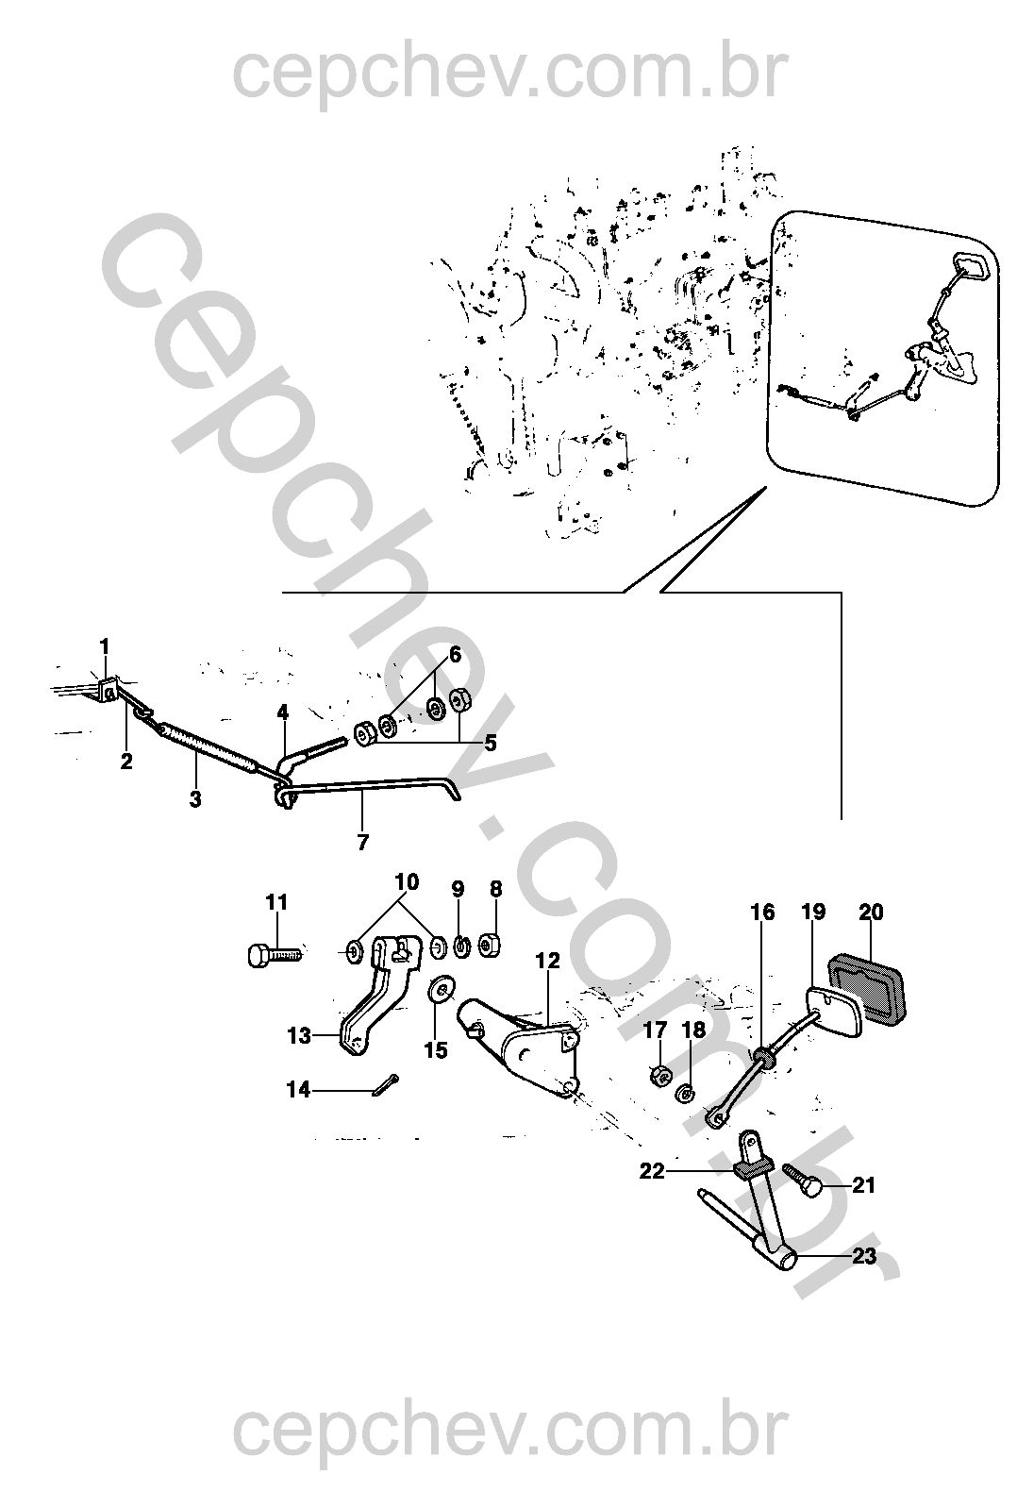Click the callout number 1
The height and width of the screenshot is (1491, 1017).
coord(105,646)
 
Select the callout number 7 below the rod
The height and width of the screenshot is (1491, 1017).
coord(362,843)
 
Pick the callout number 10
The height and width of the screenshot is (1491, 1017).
coord(407,882)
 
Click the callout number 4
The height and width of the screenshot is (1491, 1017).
coord(283,712)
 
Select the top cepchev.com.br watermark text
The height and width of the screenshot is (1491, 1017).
coord(510,75)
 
